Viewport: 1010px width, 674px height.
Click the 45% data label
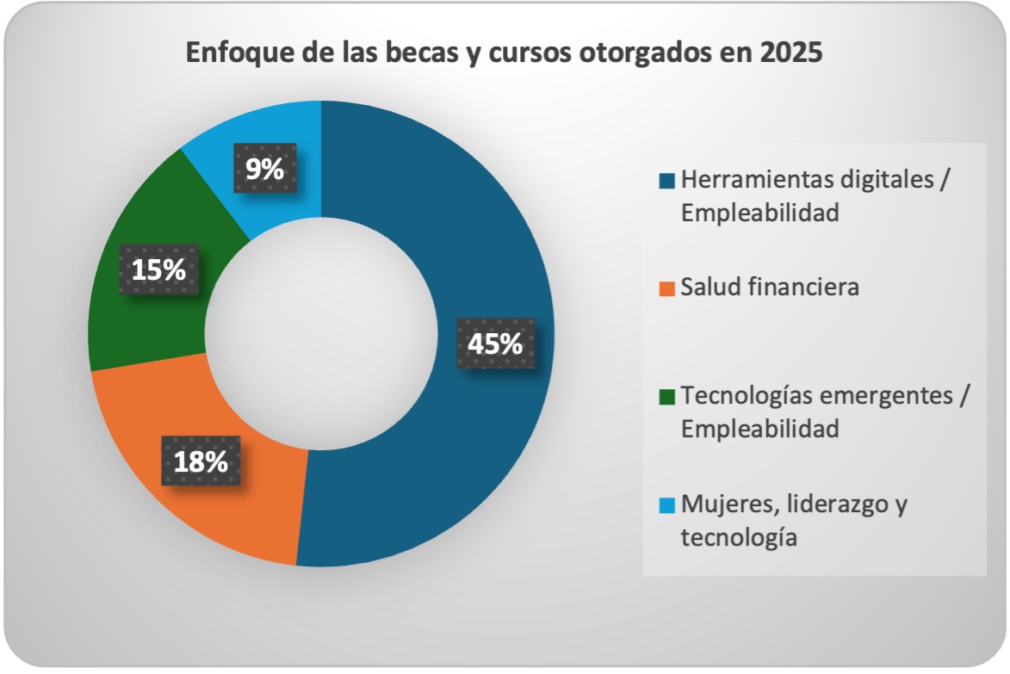pyautogui.click(x=495, y=343)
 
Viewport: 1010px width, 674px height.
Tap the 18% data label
pyautogui.click(x=201, y=461)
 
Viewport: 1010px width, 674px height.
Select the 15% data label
pyautogui.click(x=158, y=269)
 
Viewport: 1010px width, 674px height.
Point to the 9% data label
pyautogui.click(x=264, y=169)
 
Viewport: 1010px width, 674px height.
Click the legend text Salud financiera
pyautogui.click(x=770, y=287)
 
